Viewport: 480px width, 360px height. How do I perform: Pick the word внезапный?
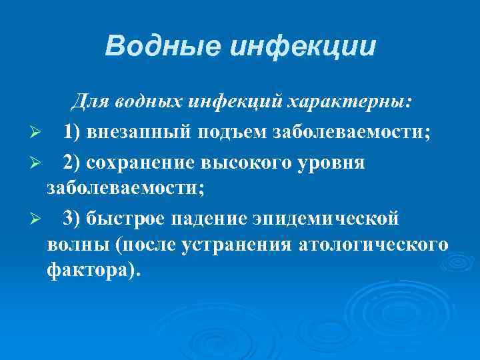138,132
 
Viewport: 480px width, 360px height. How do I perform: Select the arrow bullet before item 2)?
38,162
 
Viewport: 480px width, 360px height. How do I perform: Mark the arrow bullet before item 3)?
38,218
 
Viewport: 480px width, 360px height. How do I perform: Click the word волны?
78,245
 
